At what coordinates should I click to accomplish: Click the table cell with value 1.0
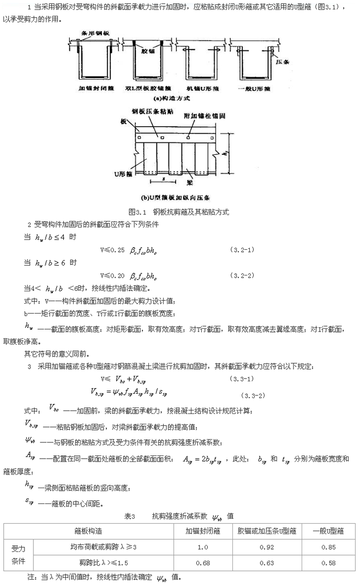[203, 547]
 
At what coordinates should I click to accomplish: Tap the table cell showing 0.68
[203, 561]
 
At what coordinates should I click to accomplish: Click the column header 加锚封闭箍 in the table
[202, 531]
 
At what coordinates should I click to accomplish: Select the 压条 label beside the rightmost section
[281, 62]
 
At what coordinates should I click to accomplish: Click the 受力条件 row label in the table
[19, 554]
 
